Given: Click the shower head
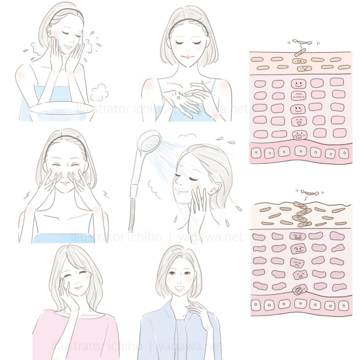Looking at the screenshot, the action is coord(149,140).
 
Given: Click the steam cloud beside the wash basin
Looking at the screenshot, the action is coord(99,92).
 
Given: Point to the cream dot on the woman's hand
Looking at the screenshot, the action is coord(178,98).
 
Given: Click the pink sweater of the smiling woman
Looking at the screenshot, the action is coord(76,335).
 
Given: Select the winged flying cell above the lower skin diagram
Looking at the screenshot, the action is coord(309,193).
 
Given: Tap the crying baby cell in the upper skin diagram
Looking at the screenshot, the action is coord(300,135).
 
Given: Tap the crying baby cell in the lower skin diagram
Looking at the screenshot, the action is coord(299,289).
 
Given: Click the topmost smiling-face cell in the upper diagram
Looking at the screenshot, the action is coord(298,83).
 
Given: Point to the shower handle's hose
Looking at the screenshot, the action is coord(132,214).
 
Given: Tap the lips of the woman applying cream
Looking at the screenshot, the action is coord(187,57).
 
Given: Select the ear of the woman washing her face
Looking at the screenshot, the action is coord(49,31).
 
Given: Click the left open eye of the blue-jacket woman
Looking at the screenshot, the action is coord(171,273).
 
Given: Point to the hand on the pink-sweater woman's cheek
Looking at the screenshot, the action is coord(65,291).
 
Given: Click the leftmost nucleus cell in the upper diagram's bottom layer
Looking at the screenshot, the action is coord(256,152).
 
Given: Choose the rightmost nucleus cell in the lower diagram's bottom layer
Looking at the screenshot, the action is coord(343,306).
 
